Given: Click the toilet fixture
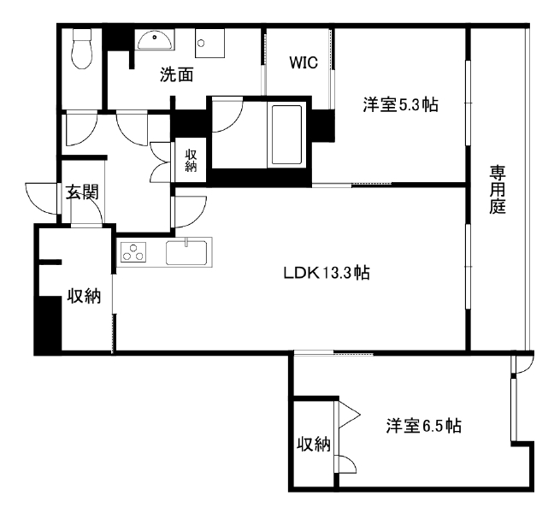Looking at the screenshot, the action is point(82,49).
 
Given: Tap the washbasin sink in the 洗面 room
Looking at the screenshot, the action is point(155,39).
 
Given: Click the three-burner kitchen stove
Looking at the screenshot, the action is point(133,251).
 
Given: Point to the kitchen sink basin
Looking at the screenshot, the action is point(186,252).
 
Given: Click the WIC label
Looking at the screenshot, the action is point(304,63).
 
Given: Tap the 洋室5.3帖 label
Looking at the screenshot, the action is point(400,105).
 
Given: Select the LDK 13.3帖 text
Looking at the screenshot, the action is point(327,274).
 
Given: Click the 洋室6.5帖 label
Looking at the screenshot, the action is point(423,426).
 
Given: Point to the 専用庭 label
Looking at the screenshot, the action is point(497,189).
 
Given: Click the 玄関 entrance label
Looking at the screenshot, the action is point(82,193).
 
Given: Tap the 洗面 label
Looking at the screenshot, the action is point(176,74).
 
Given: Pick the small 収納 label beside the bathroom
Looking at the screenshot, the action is point(191,161).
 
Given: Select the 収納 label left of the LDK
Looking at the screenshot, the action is point(85,296).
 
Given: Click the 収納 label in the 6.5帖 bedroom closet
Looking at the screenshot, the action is point(314,445).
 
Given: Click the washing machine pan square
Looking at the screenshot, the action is point(209,43).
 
